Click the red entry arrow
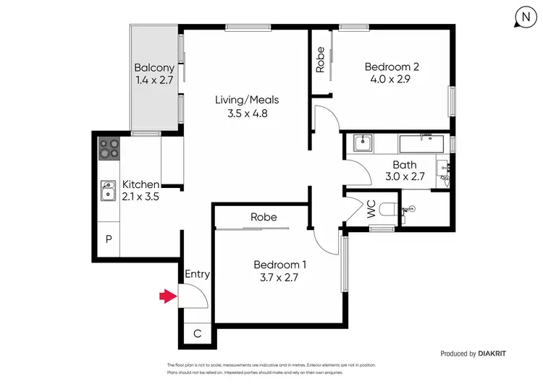[x=168, y=295]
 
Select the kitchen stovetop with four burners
[x=109, y=148]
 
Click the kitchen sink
[x=109, y=191]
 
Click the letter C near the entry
[x=198, y=333]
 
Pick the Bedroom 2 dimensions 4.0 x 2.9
[x=392, y=80]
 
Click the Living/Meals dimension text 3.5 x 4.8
[x=247, y=113]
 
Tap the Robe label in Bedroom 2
[x=320, y=61]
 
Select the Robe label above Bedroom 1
[x=264, y=217]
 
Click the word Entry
[x=197, y=274]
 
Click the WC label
[x=371, y=211]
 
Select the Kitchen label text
[x=140, y=184]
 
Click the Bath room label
[x=404, y=165]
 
